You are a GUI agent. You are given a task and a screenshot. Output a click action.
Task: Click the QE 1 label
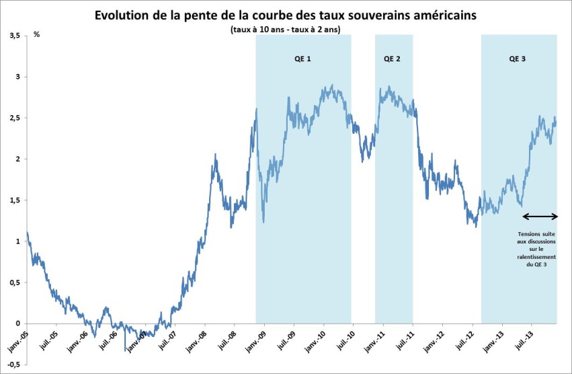pos(302,59)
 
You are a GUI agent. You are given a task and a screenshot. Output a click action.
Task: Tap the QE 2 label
pos(393,59)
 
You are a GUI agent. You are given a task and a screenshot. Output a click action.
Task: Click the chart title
pos(286,15)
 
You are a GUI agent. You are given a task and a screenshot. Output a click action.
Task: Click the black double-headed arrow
pos(540,216)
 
